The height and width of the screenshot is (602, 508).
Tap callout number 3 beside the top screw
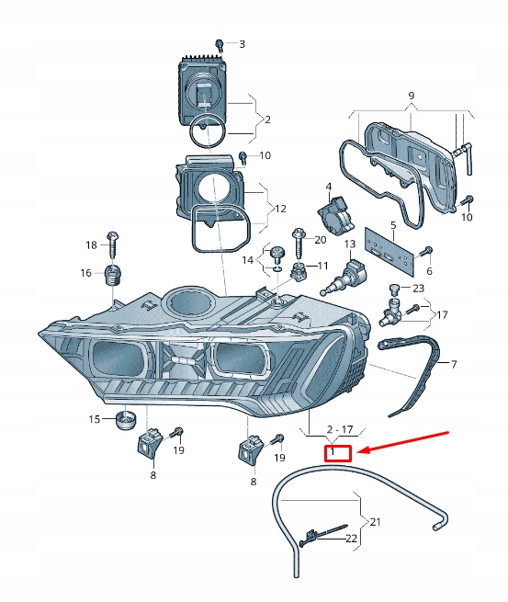[242, 44]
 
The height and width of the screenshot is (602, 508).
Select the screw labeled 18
[112, 245]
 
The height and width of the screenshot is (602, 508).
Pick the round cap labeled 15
[126, 420]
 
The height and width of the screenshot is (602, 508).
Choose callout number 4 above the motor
[329, 187]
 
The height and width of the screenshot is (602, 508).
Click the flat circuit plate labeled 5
[389, 251]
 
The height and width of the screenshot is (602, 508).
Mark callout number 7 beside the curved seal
[454, 364]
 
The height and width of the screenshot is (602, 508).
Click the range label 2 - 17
[340, 429]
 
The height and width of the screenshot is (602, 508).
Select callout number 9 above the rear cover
[412, 96]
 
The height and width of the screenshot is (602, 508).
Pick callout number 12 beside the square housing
[280, 209]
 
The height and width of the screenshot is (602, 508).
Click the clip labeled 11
[298, 271]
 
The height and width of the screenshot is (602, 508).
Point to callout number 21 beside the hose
[375, 522]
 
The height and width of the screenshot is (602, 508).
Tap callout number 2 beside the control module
[268, 119]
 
